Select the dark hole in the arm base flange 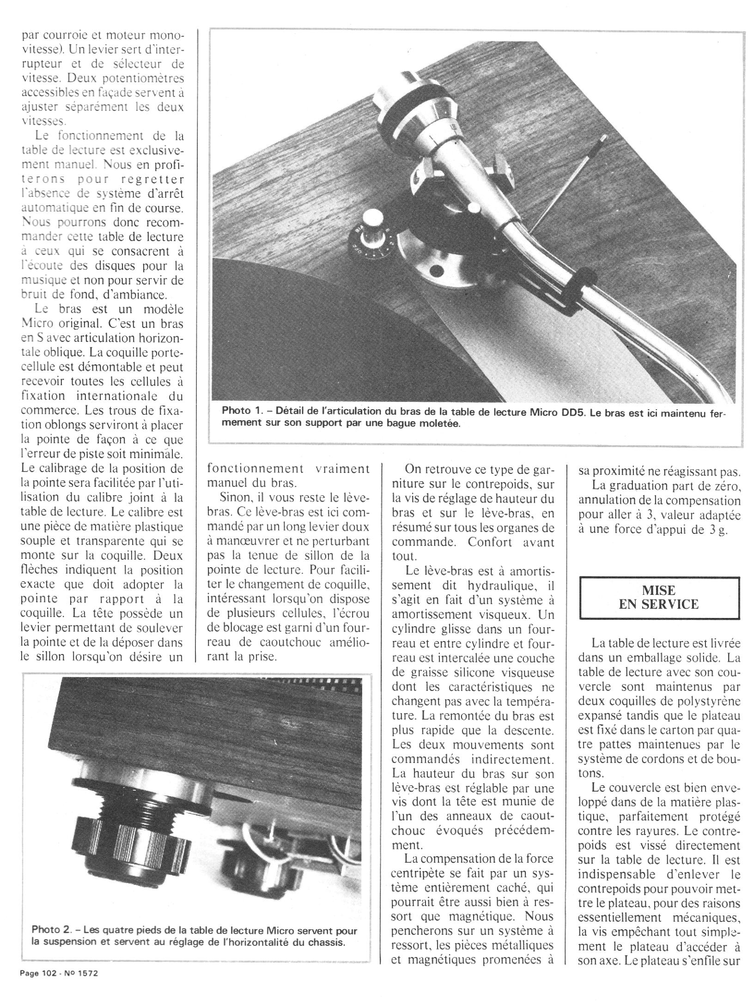(x=434, y=269)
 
